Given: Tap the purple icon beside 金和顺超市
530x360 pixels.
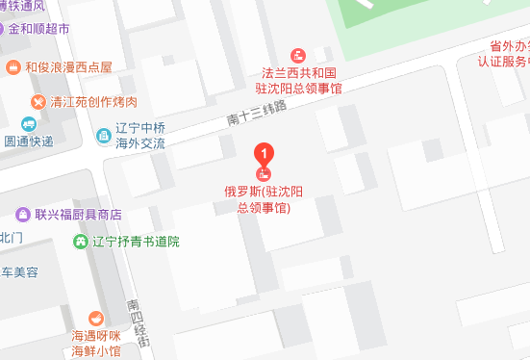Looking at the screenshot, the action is (x=13, y=29).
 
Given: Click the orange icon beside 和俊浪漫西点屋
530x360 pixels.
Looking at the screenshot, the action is (x=13, y=66).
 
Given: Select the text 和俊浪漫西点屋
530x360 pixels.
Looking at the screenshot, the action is (x=68, y=66).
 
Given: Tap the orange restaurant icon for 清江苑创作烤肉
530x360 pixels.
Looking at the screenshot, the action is (x=37, y=100).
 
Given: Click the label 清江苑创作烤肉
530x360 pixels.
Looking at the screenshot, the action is (x=94, y=101).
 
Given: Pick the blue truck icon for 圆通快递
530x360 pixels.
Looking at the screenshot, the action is (x=28, y=123).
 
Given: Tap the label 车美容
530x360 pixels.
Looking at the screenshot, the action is (x=19, y=272).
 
